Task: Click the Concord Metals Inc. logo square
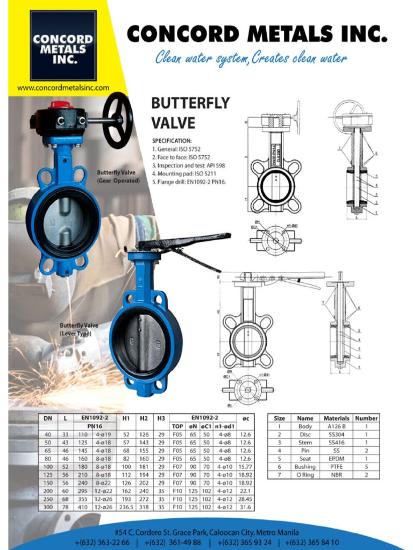coord(63,46)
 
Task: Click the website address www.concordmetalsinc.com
coord(63,88)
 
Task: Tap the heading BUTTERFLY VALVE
coord(190,113)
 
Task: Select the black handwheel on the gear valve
coord(117,120)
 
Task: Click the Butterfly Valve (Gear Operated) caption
coord(118,177)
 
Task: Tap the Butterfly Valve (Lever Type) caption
coord(79,329)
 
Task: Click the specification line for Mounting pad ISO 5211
coord(183,173)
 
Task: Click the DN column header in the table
coord(48,417)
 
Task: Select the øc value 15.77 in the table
coord(245,467)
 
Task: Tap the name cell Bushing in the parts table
coord(305,467)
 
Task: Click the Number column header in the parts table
coord(366,418)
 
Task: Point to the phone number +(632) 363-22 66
coord(102,542)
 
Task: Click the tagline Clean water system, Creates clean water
coord(251,58)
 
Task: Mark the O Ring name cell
coord(305,475)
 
